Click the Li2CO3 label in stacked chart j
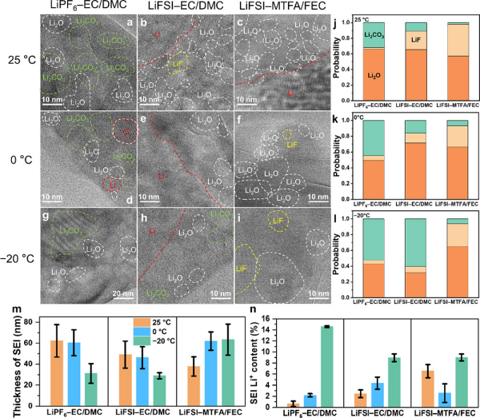click(x=346, y=36)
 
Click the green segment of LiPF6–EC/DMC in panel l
click(x=346, y=240)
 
